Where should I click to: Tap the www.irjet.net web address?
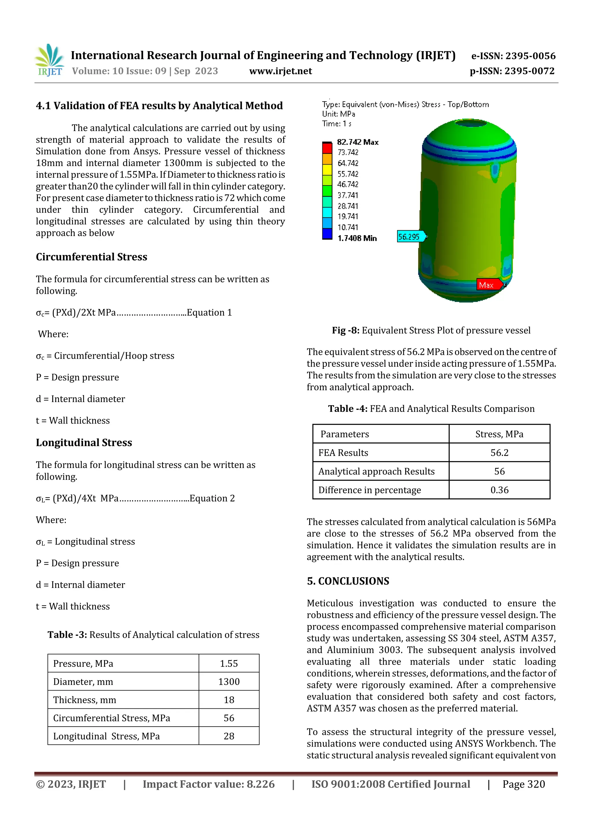280,71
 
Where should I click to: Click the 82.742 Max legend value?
358,142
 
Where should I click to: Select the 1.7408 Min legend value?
357,238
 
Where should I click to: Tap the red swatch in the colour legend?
327,148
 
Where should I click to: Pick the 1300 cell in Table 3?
229,682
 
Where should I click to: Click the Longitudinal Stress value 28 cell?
229,736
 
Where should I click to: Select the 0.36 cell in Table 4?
499,490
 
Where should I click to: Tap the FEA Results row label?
343,453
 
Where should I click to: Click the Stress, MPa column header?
499,434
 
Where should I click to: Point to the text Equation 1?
209,312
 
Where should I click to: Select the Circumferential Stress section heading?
91,257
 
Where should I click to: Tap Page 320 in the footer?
523,784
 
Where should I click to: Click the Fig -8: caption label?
345,330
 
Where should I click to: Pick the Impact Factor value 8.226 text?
208,784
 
